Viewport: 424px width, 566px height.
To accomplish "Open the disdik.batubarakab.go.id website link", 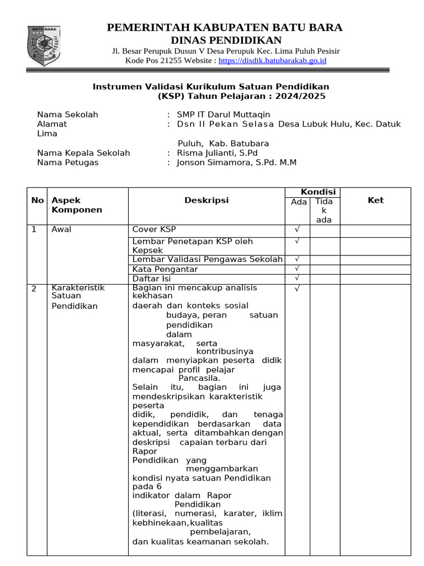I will (272, 60).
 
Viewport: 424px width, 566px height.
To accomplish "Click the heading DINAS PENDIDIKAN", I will (226, 40).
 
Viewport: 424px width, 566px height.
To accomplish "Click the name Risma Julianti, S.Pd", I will (217, 153).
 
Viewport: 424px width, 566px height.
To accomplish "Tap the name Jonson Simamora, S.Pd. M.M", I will (236, 163).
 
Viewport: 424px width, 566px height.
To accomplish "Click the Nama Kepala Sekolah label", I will (83, 153).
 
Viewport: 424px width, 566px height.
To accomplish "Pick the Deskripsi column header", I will (206, 201).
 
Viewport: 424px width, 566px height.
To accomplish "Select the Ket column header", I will (375, 201).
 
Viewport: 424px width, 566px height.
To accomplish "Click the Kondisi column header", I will (318, 192).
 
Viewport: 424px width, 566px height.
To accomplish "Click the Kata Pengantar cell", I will (165, 269).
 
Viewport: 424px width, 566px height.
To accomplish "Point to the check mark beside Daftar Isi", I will (297, 278).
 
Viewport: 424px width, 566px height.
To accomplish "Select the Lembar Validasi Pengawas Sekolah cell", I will (208, 259).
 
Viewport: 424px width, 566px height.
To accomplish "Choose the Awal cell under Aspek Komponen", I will (61, 230).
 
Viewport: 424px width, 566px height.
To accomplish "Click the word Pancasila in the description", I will (199, 379).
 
